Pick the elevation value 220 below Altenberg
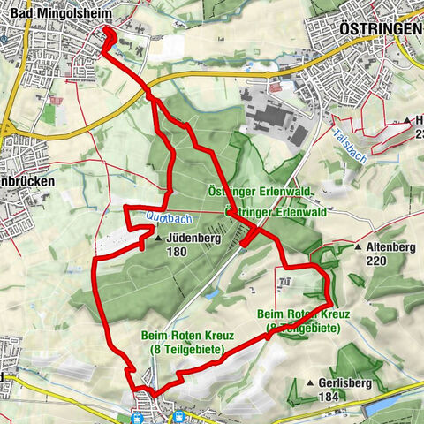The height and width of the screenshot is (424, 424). (x=377, y=261)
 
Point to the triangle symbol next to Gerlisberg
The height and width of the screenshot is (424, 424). (x=310, y=383)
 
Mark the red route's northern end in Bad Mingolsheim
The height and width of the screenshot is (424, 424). (x=106, y=31)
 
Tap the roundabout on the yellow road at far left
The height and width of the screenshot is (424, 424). (x=6, y=130)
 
